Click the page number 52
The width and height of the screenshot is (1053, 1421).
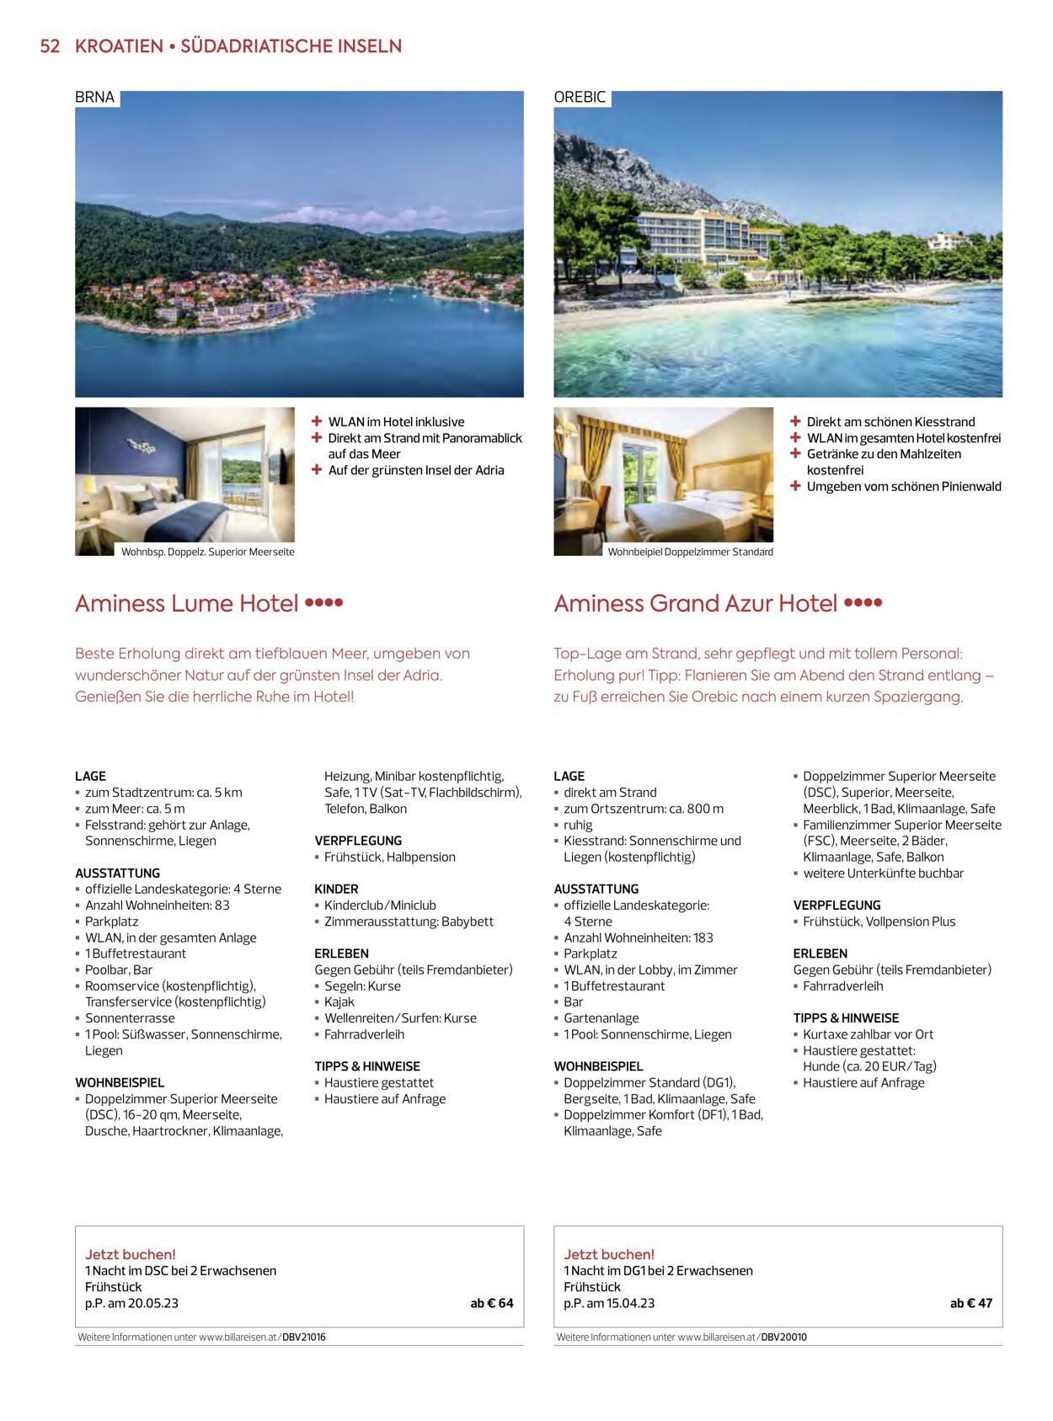[50, 46]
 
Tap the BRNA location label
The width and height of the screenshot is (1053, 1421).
[94, 98]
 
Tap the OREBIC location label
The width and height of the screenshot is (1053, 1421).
[580, 98]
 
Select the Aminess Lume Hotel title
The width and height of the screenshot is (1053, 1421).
[186, 604]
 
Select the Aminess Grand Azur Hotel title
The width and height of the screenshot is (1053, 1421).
[695, 604]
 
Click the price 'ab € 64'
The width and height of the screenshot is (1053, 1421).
[492, 1303]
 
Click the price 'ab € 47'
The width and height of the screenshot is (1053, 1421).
[971, 1303]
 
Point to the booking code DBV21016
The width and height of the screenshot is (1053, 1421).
[304, 1337]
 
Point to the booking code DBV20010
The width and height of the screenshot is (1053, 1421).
[784, 1337]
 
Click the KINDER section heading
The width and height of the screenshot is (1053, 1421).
[336, 889]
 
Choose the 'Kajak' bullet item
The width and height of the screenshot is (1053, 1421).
[339, 1002]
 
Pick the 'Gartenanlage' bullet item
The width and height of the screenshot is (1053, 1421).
[601, 1018]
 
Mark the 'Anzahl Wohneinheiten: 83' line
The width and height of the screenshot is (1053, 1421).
[157, 905]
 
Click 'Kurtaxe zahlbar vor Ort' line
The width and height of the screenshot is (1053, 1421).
[868, 1034]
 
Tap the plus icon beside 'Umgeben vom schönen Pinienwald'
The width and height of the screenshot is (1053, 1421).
[795, 486]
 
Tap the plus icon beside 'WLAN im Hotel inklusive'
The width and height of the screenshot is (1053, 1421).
[317, 421]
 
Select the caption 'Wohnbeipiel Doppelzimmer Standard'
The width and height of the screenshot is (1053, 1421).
[690, 553]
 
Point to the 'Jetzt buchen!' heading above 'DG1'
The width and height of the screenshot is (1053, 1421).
[608, 1254]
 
